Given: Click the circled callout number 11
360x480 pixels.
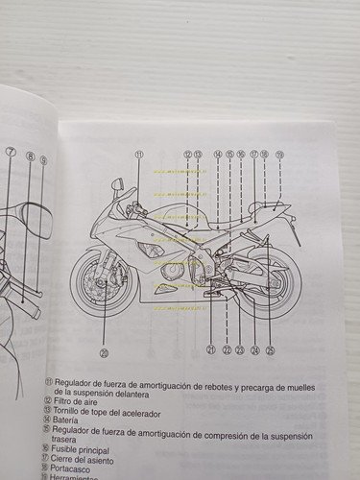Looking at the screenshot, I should click(139, 155).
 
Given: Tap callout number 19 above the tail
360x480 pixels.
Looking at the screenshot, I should click(279, 155).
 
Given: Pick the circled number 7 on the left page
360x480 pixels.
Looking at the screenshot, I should click(10, 153).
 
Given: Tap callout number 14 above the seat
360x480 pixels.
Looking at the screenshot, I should click(218, 155).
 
